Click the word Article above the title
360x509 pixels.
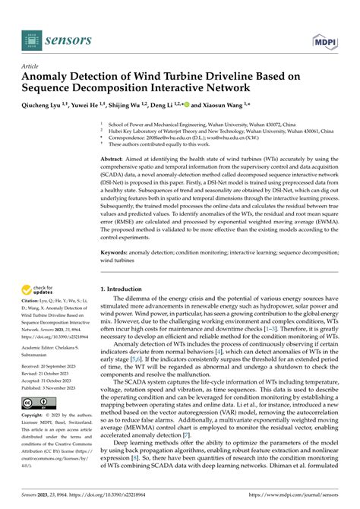[x=31, y=66]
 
